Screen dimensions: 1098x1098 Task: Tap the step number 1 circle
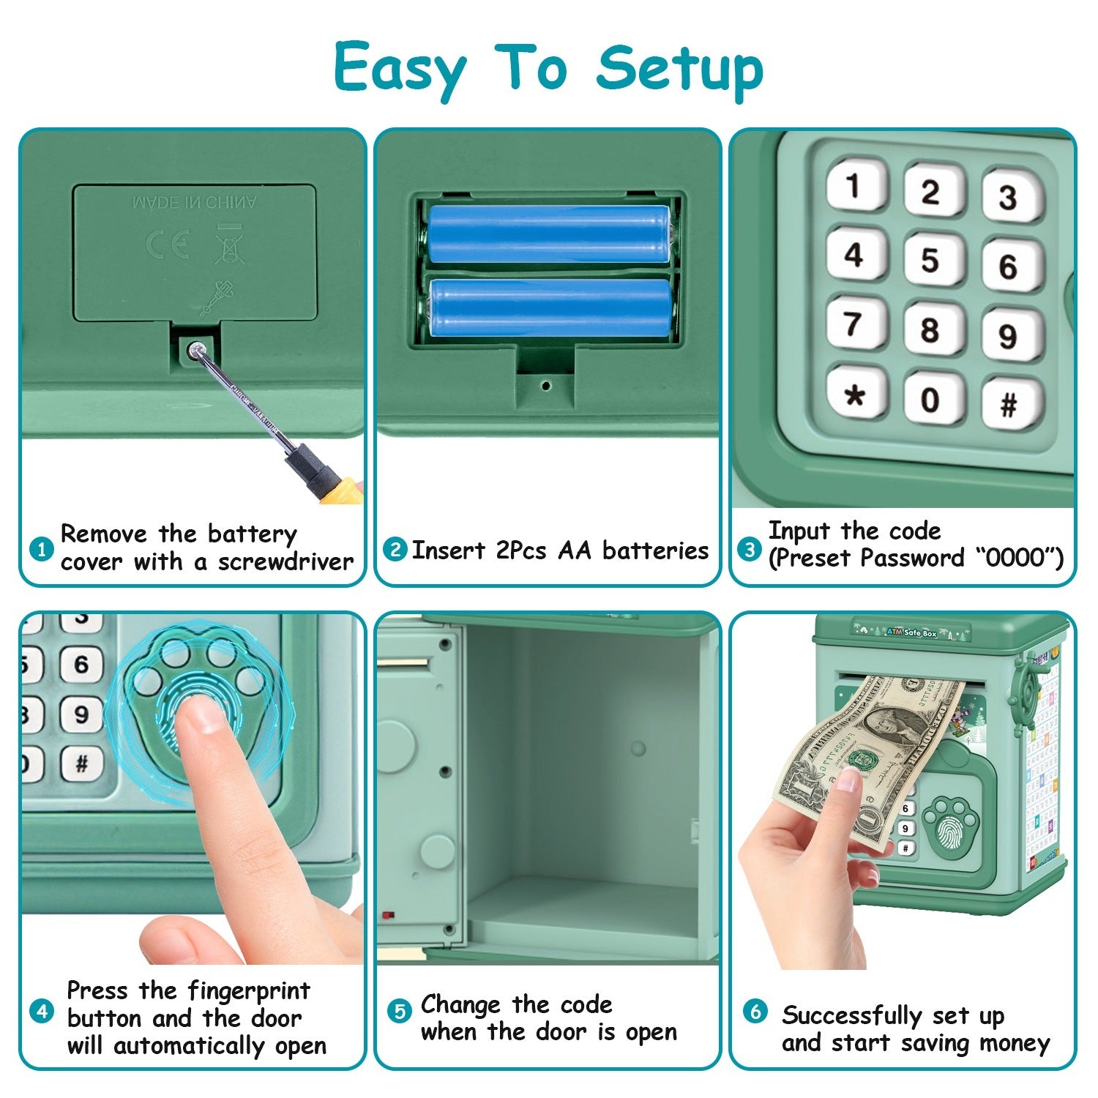[x=42, y=548]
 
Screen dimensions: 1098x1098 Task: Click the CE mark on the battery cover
[x=168, y=244]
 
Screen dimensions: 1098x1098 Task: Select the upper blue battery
[x=548, y=234]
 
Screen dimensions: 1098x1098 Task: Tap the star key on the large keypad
[x=854, y=396]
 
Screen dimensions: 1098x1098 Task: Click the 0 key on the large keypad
[x=930, y=400]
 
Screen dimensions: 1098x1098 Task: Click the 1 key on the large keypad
[x=854, y=186]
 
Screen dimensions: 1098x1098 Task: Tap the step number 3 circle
[x=749, y=548]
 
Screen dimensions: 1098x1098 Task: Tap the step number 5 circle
[x=399, y=1012]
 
